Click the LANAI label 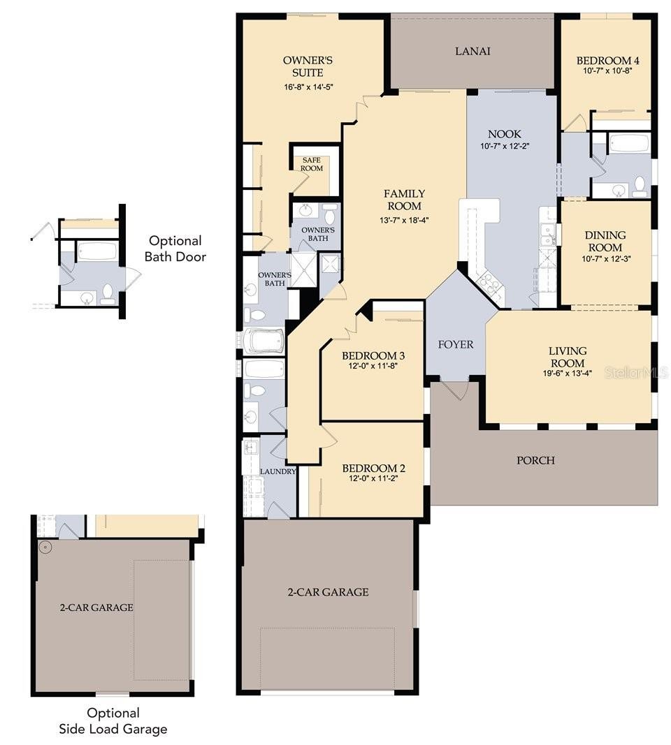tap(472, 51)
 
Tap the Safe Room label tap(312, 164)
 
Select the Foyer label tap(456, 344)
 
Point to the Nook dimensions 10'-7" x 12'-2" tap(505, 146)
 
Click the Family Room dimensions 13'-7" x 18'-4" tap(404, 220)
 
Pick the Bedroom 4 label tap(608, 60)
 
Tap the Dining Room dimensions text tap(605, 259)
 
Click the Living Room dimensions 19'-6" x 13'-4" tap(568, 374)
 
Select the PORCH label tap(535, 460)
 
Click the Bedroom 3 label tap(373, 355)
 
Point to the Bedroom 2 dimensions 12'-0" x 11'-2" tap(373, 478)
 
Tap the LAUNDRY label tap(277, 471)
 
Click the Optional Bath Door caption tap(175, 249)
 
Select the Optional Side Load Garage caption tap(113, 721)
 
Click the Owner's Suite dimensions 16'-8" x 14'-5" tap(308, 87)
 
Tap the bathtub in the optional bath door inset tap(97, 251)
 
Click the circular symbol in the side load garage tap(45, 548)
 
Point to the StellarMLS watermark tap(636, 373)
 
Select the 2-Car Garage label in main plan tap(328, 592)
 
